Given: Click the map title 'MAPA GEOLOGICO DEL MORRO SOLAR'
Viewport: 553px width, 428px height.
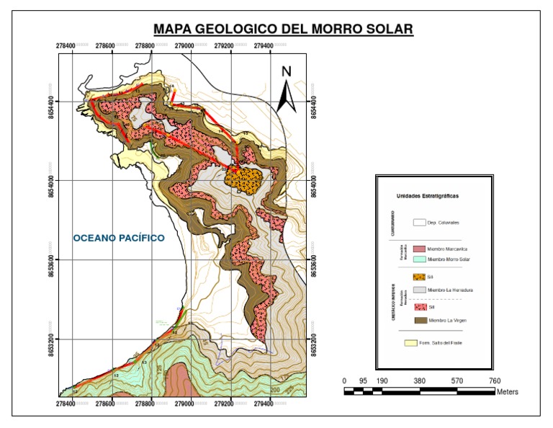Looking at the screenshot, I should (x=283, y=30).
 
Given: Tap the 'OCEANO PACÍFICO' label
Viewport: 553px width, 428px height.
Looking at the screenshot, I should (x=119, y=238).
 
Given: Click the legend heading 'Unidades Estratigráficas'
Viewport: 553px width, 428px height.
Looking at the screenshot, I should (x=428, y=196).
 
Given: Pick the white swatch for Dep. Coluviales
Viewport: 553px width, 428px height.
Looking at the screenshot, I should (x=419, y=223).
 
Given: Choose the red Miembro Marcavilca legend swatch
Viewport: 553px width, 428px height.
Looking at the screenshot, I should (x=419, y=248).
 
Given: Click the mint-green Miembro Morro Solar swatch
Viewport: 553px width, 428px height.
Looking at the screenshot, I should (x=419, y=258).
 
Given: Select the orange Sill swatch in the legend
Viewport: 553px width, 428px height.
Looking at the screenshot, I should (x=419, y=277).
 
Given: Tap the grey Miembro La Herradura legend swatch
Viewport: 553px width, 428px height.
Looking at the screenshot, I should (x=419, y=290).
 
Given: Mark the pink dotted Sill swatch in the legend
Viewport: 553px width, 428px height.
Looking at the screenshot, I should (x=419, y=307).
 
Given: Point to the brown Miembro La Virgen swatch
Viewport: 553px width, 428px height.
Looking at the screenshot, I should (x=419, y=321).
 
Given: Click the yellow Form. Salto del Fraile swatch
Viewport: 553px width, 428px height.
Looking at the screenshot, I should (x=413, y=343).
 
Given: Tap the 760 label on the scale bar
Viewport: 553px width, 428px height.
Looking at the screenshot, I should (x=495, y=381).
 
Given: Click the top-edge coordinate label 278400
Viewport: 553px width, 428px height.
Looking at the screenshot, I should (x=66, y=46).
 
